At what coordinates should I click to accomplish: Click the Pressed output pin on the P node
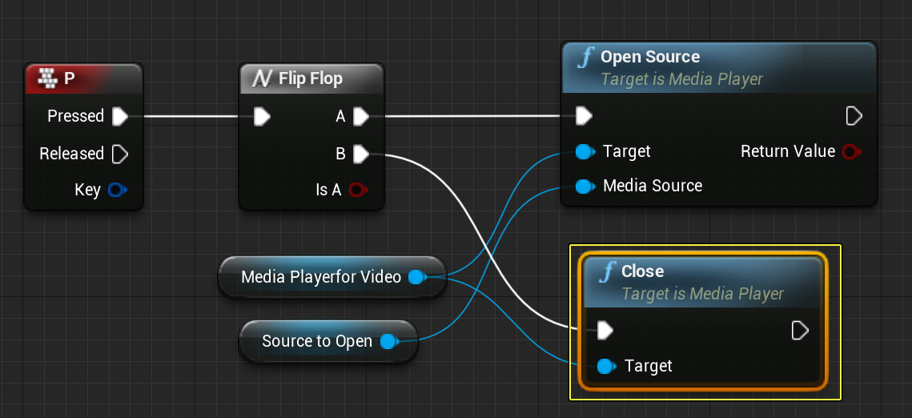(x=120, y=116)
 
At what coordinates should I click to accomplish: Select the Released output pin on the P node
(x=120, y=153)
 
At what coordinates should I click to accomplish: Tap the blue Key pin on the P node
(x=117, y=190)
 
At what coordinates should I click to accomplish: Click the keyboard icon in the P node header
(x=50, y=78)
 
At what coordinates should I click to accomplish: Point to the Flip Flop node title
(x=310, y=78)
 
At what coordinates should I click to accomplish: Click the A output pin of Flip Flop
(x=361, y=117)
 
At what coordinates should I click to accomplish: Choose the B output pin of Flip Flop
(x=361, y=152)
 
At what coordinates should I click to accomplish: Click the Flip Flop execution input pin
(x=262, y=117)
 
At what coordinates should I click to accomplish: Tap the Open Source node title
(x=649, y=57)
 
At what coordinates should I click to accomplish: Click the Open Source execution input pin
(x=584, y=116)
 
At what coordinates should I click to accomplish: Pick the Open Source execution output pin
(x=854, y=116)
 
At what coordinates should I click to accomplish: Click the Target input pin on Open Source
(x=584, y=151)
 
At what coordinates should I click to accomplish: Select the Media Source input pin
(x=584, y=187)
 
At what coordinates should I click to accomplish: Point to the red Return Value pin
(x=850, y=151)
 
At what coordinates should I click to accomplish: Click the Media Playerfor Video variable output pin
(x=416, y=277)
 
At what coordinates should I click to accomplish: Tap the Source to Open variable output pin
(x=388, y=341)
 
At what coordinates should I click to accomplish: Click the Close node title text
(x=642, y=271)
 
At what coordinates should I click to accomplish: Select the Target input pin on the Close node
(x=606, y=366)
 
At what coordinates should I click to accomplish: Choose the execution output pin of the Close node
(x=799, y=330)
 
